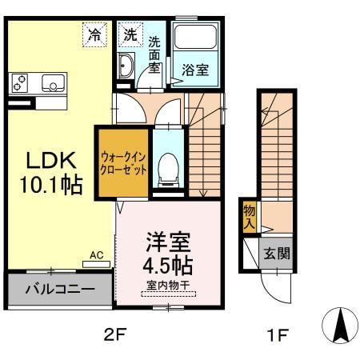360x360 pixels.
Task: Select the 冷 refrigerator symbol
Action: click(x=95, y=35)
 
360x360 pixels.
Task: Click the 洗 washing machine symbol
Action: click(x=130, y=35)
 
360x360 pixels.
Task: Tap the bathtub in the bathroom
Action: click(x=197, y=39)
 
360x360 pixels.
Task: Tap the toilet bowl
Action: click(x=167, y=166)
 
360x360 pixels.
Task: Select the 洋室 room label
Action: click(x=168, y=241)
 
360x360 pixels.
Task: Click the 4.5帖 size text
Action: click(x=168, y=263)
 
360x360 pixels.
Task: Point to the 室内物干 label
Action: click(x=168, y=284)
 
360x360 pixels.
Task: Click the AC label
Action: click(x=96, y=255)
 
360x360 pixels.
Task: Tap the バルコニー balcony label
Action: click(x=59, y=289)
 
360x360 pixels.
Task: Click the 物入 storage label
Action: click(x=249, y=216)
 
